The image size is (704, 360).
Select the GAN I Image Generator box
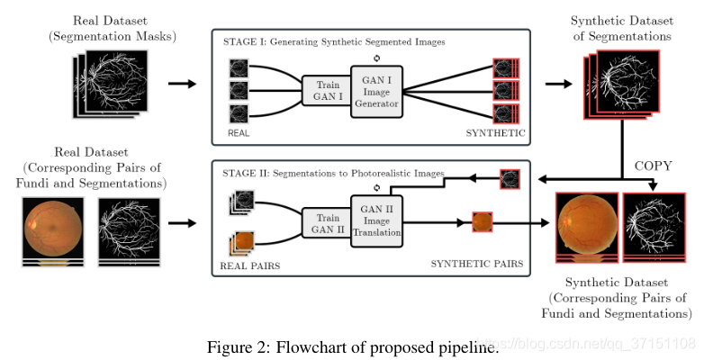pyautogui.click(x=375, y=91)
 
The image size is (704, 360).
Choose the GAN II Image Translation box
pyautogui.click(x=375, y=221)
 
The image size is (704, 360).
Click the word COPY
pyautogui.click(x=654, y=166)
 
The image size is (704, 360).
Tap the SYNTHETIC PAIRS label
pyautogui.click(x=475, y=264)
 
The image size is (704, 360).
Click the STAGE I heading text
pyautogui.click(x=334, y=41)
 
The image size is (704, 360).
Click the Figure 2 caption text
pyautogui.click(x=352, y=346)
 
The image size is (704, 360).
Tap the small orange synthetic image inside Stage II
pyautogui.click(x=482, y=221)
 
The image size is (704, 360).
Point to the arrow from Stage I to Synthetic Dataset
pyautogui.click(x=557, y=84)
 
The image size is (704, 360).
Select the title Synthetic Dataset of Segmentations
pyautogui.click(x=620, y=28)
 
